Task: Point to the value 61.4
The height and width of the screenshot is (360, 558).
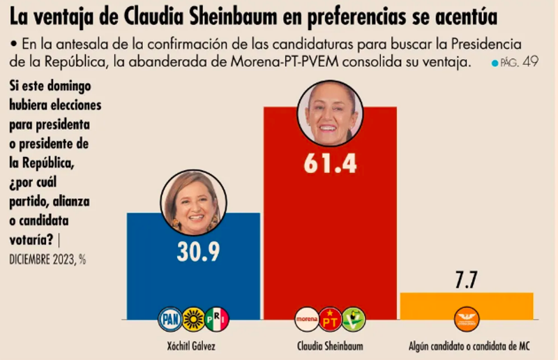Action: click(330, 164)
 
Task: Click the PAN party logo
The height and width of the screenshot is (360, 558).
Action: click(170, 320)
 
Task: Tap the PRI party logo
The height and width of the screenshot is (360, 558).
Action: click(216, 320)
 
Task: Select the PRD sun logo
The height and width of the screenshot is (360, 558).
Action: click(193, 320)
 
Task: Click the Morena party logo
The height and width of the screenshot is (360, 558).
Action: click(307, 320)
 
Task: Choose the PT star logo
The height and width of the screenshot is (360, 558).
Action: click(330, 320)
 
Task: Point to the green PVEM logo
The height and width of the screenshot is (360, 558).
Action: click(353, 320)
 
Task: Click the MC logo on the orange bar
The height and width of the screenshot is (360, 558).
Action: click(466, 320)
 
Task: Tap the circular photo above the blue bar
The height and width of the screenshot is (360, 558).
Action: click(193, 203)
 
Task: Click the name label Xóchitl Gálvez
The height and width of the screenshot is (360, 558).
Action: click(193, 347)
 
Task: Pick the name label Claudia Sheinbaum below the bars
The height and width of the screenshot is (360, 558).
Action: click(330, 347)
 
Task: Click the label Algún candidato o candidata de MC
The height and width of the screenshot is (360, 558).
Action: click(466, 347)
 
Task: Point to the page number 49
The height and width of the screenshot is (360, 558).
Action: click(530, 62)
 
